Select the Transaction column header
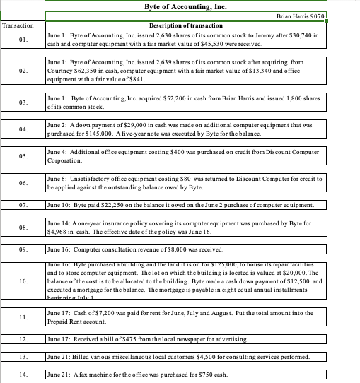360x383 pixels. click(22, 25)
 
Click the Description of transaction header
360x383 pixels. click(186, 25)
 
